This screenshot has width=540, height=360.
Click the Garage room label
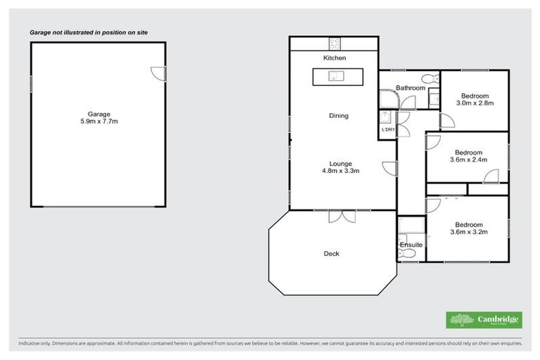point(98,113)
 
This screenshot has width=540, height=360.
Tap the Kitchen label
point(335,58)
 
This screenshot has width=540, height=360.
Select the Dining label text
point(339,116)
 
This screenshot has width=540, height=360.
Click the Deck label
point(331,254)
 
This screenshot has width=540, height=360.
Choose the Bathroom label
point(410,88)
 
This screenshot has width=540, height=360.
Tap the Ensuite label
point(411,245)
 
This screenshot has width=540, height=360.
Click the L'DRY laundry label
point(387,130)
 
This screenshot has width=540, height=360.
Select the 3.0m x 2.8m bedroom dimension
point(475,103)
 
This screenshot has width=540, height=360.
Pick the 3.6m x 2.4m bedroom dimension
point(468,160)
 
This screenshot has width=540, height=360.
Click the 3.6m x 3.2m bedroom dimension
point(468,231)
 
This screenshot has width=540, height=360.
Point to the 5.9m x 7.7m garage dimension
point(98,121)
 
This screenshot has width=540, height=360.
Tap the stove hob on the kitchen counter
point(335,41)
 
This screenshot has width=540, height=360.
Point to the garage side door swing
point(158,72)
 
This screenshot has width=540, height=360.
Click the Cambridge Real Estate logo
point(484,320)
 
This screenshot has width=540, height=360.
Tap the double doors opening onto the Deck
point(341,217)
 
